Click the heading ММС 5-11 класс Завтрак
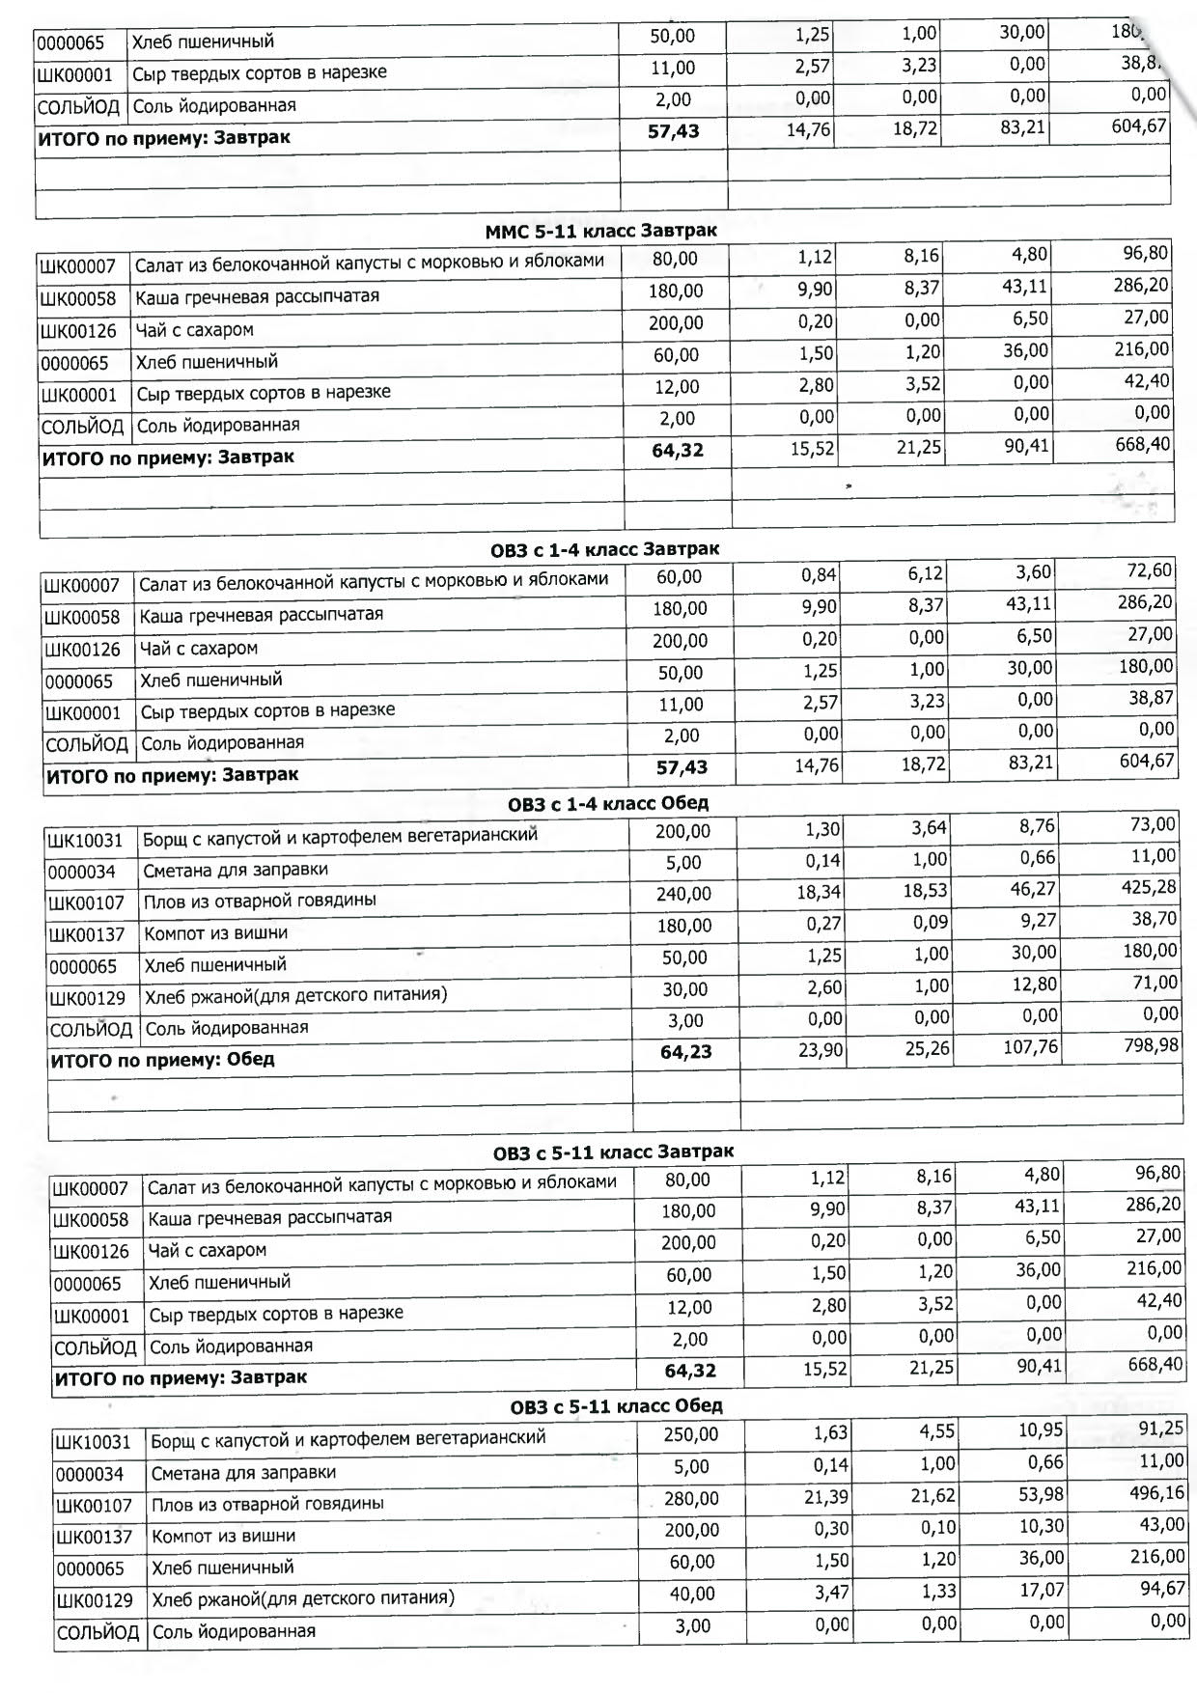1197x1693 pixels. click(600, 231)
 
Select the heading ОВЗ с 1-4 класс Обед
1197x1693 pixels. click(608, 803)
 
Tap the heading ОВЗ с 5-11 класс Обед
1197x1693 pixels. click(616, 1405)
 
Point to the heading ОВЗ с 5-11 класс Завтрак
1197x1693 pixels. click(613, 1152)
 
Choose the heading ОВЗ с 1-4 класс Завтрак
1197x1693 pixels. click(605, 549)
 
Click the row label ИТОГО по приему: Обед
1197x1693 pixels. click(162, 1060)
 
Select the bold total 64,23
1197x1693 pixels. click(685, 1052)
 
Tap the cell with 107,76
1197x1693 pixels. click(1030, 1046)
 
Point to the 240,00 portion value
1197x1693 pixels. click(683, 894)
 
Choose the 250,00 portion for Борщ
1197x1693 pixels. click(690, 1434)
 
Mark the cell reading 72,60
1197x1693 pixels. click(1150, 570)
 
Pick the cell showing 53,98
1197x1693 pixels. click(1041, 1494)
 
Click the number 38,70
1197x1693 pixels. click(1154, 919)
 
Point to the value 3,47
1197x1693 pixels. click(831, 1592)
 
